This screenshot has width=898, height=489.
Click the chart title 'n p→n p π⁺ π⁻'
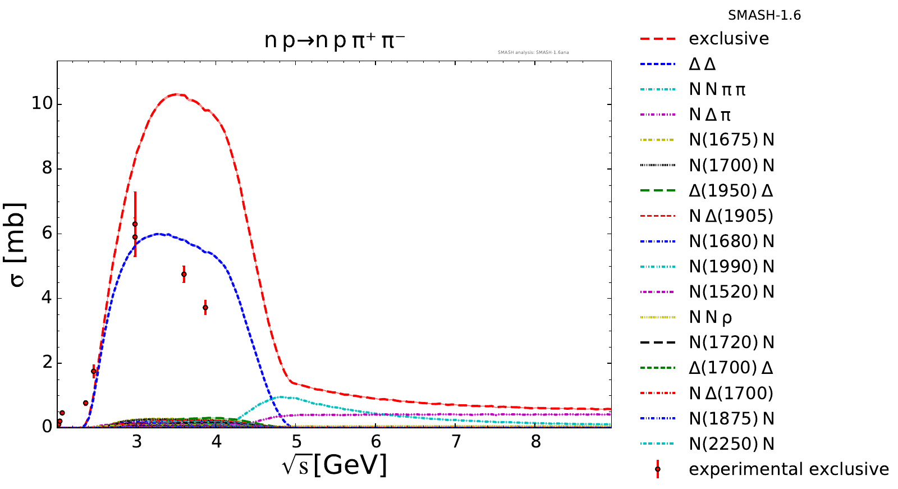335,42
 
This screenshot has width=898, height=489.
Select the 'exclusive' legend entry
729,39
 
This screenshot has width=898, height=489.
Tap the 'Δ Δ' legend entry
702,64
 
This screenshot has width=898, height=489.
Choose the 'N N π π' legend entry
717,89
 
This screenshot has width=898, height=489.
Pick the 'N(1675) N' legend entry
731,140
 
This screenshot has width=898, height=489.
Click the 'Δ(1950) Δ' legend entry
731,191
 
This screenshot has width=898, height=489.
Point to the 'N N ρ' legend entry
710,318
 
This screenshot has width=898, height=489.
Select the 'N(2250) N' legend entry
731,444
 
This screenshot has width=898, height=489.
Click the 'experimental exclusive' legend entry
789,469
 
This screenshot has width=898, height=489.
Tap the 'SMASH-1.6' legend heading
764,16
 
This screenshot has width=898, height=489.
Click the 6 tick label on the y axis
47,234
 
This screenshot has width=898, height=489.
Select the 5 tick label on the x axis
296,442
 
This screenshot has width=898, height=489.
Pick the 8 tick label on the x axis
536,442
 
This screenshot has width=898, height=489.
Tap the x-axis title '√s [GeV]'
335,465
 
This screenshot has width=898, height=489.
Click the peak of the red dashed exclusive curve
177,94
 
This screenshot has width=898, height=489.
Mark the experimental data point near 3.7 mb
205,308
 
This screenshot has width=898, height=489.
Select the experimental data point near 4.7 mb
184,275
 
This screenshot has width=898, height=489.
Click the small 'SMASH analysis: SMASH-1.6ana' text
533,53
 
